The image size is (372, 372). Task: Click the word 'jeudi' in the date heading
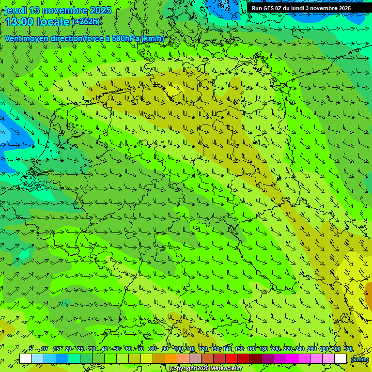pyautogui.click(x=15, y=10)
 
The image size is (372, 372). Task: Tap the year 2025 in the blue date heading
pyautogui.click(x=100, y=10)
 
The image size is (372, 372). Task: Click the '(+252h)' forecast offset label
pyautogui.click(x=86, y=21)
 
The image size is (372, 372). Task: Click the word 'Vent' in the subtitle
pyautogui.click(x=14, y=38)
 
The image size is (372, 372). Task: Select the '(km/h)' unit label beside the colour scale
pyautogui.click(x=359, y=359)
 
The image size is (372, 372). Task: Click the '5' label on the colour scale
pyautogui.click(x=31, y=349)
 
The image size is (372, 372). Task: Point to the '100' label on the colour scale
pyautogui.click(x=179, y=349)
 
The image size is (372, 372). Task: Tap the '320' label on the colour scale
pyautogui.click(x=348, y=349)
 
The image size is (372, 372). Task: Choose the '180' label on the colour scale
pyautogui.click(x=263, y=349)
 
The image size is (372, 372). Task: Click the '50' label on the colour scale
pyautogui.click(x=117, y=349)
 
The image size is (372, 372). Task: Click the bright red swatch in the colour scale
pyautogui.click(x=231, y=359)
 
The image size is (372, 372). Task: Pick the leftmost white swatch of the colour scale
pyautogui.click(x=25, y=359)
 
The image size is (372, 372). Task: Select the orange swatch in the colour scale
pyautogui.click(x=170, y=359)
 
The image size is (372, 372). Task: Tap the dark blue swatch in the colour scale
pyautogui.click(x=62, y=359)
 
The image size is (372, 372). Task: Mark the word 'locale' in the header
pyautogui.click(x=52, y=22)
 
